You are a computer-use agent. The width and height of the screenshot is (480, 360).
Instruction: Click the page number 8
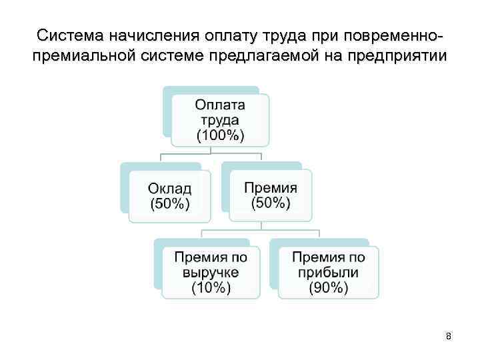[x=449, y=337]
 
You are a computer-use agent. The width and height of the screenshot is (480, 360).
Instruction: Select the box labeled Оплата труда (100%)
[x=220, y=120]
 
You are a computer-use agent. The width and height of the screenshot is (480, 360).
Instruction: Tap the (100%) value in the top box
[x=220, y=136]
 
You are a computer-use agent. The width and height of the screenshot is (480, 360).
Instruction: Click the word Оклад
[x=169, y=188]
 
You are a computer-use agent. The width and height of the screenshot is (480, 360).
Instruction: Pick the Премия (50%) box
[x=270, y=195]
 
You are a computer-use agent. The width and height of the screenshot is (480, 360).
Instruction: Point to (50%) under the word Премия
[x=271, y=203]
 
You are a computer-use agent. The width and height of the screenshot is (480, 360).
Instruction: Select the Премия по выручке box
[x=211, y=272]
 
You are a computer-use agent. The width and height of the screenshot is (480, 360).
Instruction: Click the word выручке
[x=211, y=273]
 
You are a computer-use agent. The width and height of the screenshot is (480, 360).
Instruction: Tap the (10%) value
[x=211, y=288]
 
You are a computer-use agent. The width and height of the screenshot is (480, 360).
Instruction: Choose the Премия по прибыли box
[x=328, y=272]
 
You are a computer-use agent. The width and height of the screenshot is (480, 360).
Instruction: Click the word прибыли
[x=328, y=273]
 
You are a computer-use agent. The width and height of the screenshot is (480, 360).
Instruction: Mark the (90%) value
[x=328, y=288]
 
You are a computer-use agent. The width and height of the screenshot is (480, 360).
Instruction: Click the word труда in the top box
[x=220, y=120]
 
